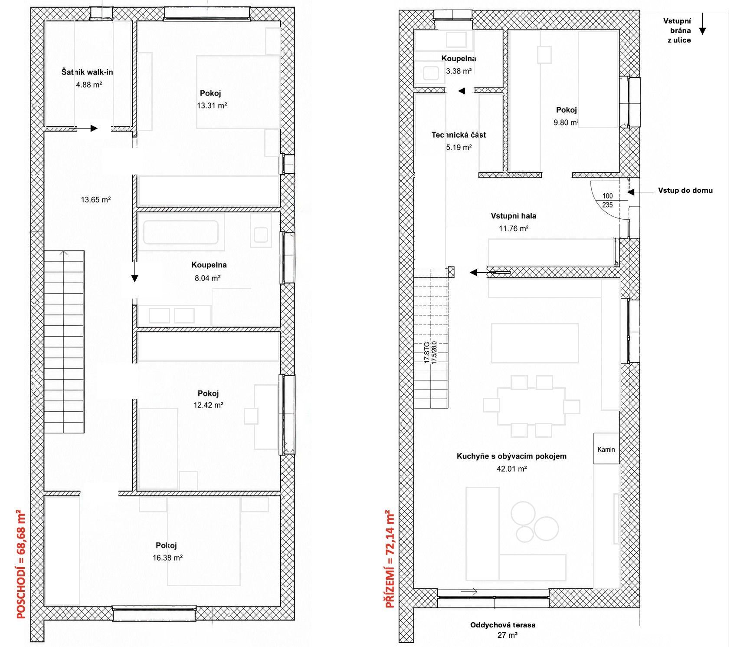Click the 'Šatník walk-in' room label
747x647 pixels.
[87, 72]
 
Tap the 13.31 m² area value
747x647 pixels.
[212, 106]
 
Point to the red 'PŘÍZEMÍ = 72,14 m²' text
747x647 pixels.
[390, 559]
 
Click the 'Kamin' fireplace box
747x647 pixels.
[606, 449]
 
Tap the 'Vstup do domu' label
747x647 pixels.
[685, 190]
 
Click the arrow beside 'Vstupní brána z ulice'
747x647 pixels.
[702, 24]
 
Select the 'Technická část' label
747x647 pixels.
[459, 135]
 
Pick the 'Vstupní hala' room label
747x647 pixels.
[513, 216]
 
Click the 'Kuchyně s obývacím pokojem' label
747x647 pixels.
[511, 456]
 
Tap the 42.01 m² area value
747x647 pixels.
[512, 469]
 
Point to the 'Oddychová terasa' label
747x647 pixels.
[503, 625]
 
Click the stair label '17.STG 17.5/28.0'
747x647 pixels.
[430, 352]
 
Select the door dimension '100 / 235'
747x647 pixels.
[607, 200]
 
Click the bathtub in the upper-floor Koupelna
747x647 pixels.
[180, 233]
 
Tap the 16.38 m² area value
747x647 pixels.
[167, 558]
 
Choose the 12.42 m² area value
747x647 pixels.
[208, 405]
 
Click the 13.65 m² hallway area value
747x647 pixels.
[96, 200]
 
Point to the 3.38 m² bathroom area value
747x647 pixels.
[459, 71]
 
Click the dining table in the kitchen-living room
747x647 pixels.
[531, 406]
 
